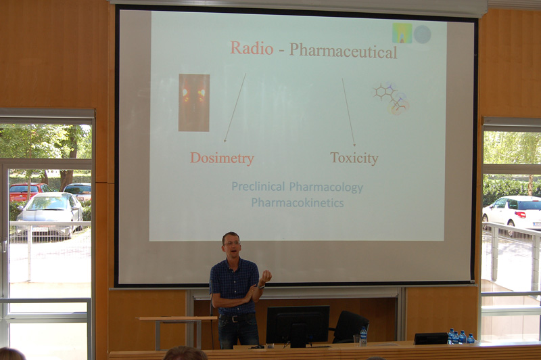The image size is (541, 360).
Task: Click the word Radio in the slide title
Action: pos(252,48)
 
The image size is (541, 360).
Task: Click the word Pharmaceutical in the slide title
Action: pos(344,51)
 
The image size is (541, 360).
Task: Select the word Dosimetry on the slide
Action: pos(222,158)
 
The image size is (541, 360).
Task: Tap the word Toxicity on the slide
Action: pos(354,158)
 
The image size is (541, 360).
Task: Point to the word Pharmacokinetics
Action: pos(298,202)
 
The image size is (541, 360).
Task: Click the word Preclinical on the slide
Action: pos(258,187)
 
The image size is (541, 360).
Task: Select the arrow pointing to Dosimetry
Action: pos(235,108)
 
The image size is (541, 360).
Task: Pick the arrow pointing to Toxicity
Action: pos(348,112)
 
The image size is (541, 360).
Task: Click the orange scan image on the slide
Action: pos(194,102)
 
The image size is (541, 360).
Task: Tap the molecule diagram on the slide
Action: pos(391,98)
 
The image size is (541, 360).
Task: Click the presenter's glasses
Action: pos(232,244)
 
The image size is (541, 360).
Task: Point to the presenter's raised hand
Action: pos(266,277)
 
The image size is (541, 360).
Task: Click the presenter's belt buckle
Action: pos(235,319)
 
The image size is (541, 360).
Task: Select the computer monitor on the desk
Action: pos(298,325)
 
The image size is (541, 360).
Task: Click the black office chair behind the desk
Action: pos(350,327)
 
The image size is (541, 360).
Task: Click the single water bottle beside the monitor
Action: pos(363,336)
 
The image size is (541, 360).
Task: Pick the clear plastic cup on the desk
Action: pos(356,340)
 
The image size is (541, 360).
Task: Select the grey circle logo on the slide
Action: pos(422,34)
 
